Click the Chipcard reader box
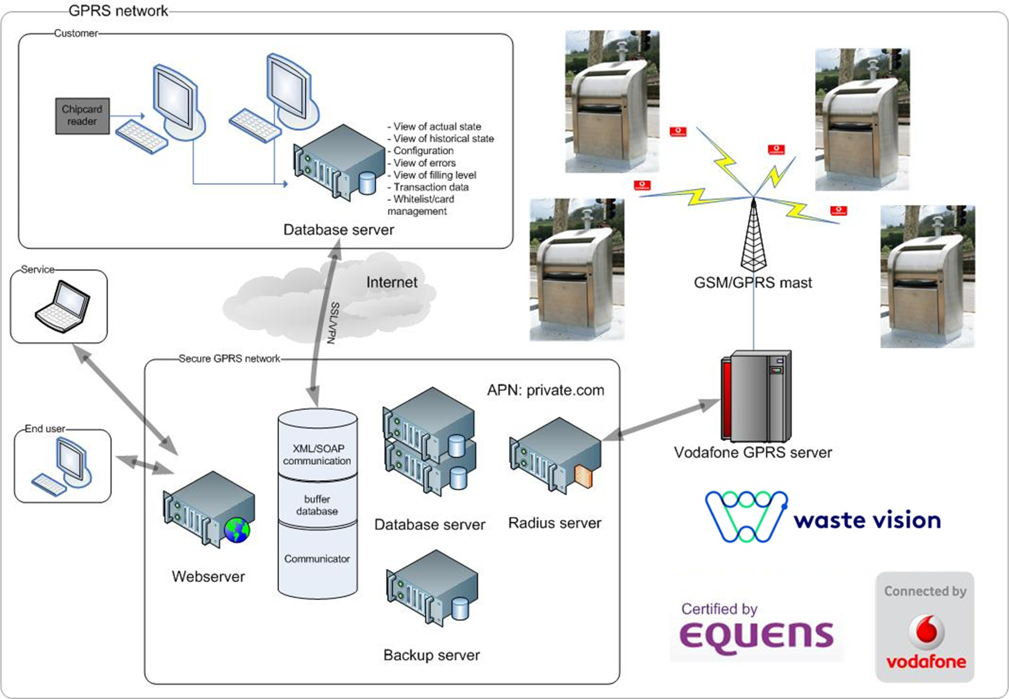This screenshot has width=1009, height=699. tap(82, 116)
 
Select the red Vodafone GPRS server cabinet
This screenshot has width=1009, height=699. tap(755, 396)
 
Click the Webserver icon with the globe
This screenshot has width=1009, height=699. tap(209, 510)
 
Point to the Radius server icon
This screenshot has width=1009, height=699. tap(555, 456)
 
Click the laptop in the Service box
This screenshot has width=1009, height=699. tap(63, 306)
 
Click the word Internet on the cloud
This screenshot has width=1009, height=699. tap(391, 282)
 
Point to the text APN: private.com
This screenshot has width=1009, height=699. tap(545, 390)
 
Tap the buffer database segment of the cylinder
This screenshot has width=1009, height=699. tap(317, 505)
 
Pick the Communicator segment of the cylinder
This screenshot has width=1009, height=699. tap(317, 559)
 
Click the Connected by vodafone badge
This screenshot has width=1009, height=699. tap(925, 627)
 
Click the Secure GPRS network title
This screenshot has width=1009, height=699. tap(229, 359)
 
